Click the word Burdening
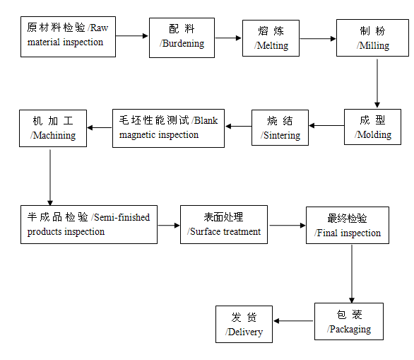[183, 44]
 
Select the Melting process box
[271, 38]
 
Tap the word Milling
[374, 46]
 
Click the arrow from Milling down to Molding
[377, 83]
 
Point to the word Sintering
[282, 135]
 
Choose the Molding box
[372, 127]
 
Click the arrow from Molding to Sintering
[326, 126]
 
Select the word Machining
[54, 136]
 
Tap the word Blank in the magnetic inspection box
[206, 120]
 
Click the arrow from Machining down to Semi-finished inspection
[50, 178]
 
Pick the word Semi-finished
[122, 217]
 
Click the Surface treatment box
[224, 225]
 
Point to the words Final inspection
[349, 233]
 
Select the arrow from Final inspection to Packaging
[352, 274]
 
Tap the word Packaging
[350, 330]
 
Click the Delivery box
[244, 325]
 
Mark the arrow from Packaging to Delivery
[293, 321]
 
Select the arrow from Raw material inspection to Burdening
[131, 36]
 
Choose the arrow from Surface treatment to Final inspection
[288, 226]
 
